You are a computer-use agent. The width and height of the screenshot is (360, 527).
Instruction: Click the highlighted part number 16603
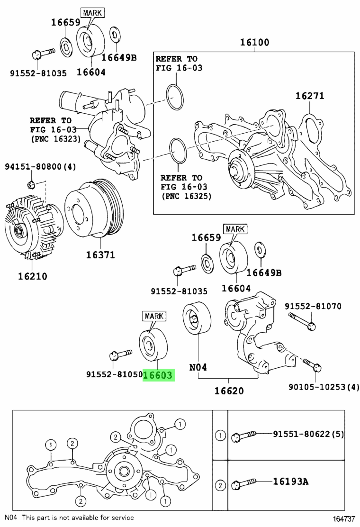(x=159, y=375)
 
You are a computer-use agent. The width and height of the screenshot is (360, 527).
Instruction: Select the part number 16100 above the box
(x=254, y=43)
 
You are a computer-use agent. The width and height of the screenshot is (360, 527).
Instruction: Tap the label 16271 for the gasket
(x=310, y=96)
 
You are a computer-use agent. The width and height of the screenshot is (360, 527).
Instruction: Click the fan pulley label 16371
(x=100, y=254)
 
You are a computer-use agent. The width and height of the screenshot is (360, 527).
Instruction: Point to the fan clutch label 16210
(x=32, y=276)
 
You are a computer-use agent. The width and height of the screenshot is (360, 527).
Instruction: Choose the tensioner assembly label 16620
(x=229, y=391)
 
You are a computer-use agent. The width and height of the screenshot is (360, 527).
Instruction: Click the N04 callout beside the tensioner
(x=198, y=367)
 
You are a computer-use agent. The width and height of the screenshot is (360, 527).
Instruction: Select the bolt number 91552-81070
(x=313, y=307)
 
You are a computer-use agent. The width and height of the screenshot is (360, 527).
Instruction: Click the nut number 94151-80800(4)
(x=41, y=166)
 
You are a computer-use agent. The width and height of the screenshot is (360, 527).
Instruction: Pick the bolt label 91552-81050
(x=114, y=375)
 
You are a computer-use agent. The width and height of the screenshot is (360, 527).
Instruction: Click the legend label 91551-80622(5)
(x=308, y=434)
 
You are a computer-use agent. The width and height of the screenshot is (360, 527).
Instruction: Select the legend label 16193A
(x=290, y=482)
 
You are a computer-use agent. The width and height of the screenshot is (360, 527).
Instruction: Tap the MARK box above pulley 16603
(x=154, y=316)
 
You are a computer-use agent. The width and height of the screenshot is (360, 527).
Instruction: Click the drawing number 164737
(x=344, y=519)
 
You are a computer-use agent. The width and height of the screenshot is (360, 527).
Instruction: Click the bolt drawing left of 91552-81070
(x=302, y=321)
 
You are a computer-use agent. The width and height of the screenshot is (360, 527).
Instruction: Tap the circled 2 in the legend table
(x=220, y=485)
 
